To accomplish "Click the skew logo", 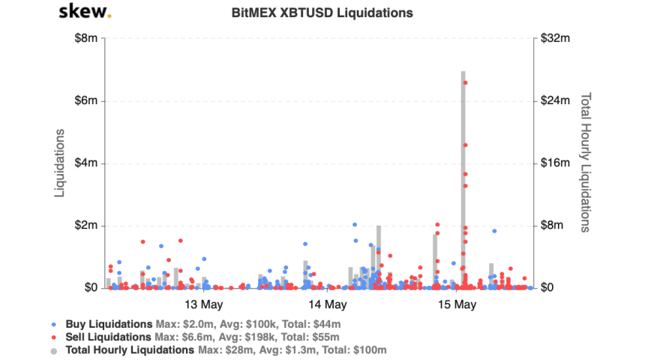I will pyautogui.click(x=85, y=12).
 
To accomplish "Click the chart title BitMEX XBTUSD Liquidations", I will pyautogui.click(x=322, y=13).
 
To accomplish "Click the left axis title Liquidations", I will pyautogui.click(x=59, y=163).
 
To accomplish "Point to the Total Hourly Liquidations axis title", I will pyautogui.click(x=586, y=163).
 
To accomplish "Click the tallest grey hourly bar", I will pyautogui.click(x=463, y=180).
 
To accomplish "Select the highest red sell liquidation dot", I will pyautogui.click(x=465, y=83).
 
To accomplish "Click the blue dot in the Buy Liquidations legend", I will pyautogui.click(x=52, y=325).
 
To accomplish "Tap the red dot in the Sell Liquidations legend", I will pyautogui.click(x=52, y=337).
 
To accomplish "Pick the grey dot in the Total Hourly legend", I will pyautogui.click(x=52, y=350).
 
